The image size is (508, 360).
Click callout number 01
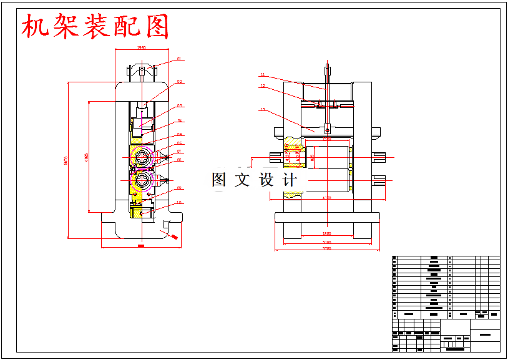pos(179,59)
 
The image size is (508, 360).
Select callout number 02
pos(179,82)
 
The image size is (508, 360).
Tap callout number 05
pos(179,134)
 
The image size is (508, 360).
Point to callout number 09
pos(179,188)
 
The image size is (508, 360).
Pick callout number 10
pos(179,202)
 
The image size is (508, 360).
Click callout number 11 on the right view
pos(263,75)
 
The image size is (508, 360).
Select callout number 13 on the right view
pos(263,110)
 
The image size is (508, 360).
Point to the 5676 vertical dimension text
pos(66,160)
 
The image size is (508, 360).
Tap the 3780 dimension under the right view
pos(326,248)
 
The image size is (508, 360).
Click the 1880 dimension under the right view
pos(326,234)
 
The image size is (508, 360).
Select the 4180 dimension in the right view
pos(326,198)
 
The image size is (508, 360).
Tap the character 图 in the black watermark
pos(219,180)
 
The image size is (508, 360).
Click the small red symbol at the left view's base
pos(175,236)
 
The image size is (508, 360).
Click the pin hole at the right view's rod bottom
pos(327,130)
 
